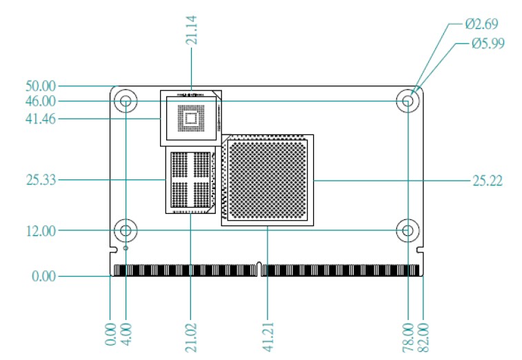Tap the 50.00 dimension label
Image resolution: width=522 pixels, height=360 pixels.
click(x=41, y=86)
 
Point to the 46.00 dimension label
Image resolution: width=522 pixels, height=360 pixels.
click(x=41, y=101)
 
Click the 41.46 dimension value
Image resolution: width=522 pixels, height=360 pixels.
click(x=41, y=119)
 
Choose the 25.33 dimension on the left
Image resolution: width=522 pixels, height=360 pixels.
click(x=41, y=181)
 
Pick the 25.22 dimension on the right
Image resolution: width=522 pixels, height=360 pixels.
click(x=487, y=181)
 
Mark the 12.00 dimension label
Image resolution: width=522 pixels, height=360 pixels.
click(x=41, y=231)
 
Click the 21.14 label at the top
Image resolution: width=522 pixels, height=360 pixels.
click(x=192, y=31)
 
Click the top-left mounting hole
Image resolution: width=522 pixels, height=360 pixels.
click(x=126, y=102)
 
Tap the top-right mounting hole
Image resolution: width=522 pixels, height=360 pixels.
click(x=408, y=102)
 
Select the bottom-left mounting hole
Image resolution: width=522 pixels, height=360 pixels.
click(x=126, y=230)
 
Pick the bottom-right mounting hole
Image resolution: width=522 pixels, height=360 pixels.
click(x=408, y=230)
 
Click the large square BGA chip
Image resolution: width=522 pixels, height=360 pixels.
click(x=268, y=179)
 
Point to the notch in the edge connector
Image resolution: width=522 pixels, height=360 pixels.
click(x=259, y=267)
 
